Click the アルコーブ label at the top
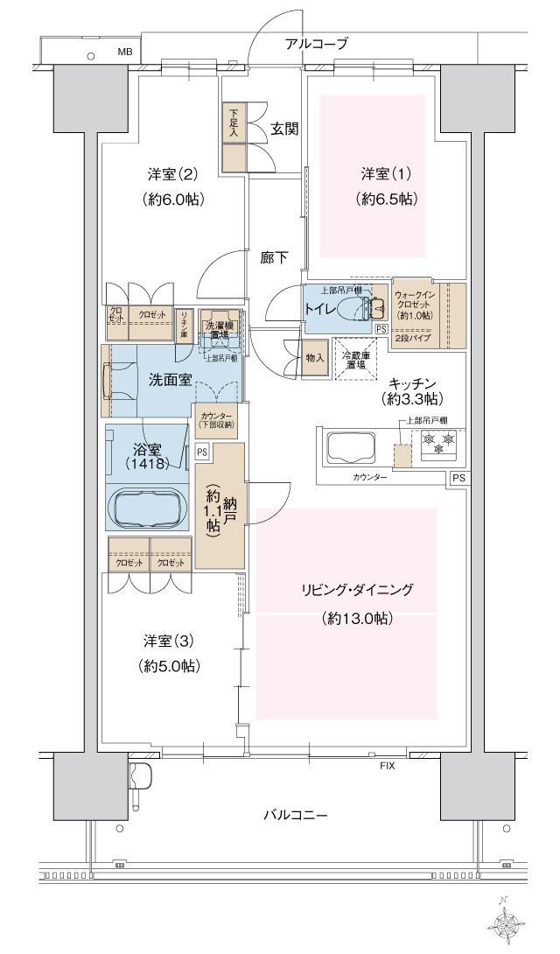pyautogui.click(x=317, y=43)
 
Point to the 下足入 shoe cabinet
pyautogui.click(x=234, y=123)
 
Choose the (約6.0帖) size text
pyautogui.click(x=173, y=200)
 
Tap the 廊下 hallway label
pyautogui.click(x=274, y=258)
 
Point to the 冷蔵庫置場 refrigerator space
pyautogui.click(x=354, y=360)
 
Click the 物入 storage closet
pyautogui.click(x=315, y=358)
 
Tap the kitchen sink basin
pyautogui.click(x=353, y=448)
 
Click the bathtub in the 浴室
pyautogui.click(x=146, y=509)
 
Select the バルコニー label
pyautogui.click(x=296, y=815)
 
